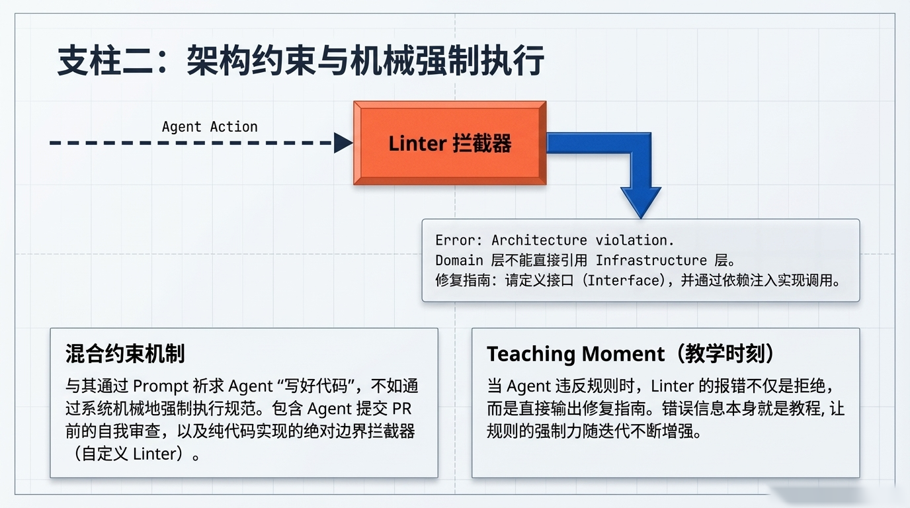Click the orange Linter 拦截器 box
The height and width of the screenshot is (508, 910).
(450, 143)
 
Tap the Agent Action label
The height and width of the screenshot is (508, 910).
(210, 126)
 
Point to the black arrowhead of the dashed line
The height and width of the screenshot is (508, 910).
(343, 142)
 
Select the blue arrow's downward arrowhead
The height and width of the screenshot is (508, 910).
(640, 201)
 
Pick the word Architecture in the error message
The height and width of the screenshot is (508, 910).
(539, 240)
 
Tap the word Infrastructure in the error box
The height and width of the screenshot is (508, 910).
(651, 260)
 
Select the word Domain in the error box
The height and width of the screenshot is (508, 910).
(459, 260)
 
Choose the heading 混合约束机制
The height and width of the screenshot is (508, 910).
(125, 354)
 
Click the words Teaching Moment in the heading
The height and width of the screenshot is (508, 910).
(574, 354)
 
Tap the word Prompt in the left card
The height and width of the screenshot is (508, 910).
(161, 386)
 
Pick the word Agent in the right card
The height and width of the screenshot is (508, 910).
(528, 386)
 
